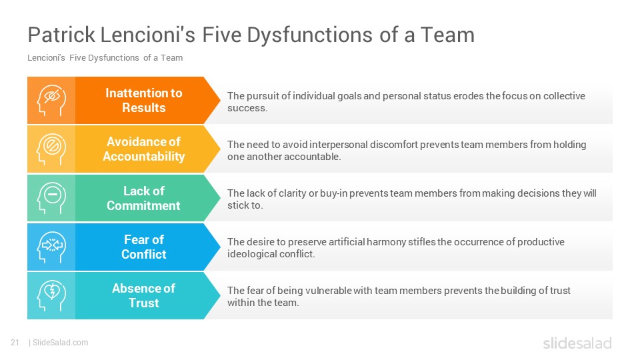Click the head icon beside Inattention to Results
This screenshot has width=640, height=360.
point(51,100)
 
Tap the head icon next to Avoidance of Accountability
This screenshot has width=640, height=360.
point(51,149)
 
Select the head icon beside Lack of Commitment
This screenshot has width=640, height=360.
point(51,198)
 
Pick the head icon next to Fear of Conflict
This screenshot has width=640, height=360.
point(51,247)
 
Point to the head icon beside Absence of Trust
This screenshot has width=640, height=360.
point(51,295)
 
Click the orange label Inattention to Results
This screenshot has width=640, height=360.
point(144,101)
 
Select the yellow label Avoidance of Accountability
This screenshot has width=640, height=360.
point(144,149)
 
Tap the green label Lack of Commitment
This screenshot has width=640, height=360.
point(144,198)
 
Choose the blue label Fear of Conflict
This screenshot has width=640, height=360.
point(144,247)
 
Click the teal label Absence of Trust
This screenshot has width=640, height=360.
point(144,295)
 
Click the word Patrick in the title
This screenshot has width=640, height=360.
point(61,35)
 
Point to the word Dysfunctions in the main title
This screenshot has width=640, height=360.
point(309,35)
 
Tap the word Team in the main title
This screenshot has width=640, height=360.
point(447,35)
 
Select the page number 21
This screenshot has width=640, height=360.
point(15,343)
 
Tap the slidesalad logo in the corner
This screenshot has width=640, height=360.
point(577,343)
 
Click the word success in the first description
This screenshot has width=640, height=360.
point(247,108)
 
